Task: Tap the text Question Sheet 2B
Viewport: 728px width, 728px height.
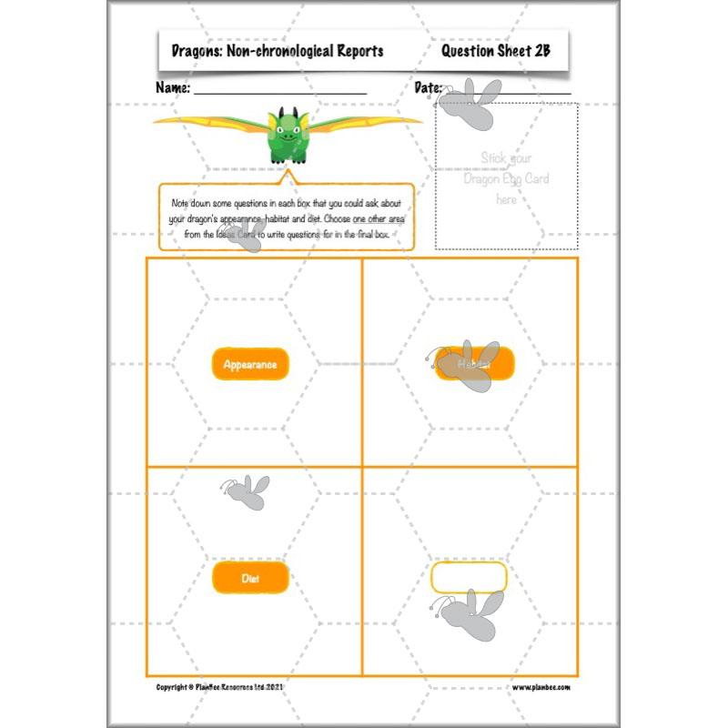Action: click(496, 51)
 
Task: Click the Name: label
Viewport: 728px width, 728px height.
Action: click(173, 88)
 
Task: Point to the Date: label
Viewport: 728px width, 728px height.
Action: click(428, 88)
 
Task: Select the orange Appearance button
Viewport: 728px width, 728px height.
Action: click(250, 364)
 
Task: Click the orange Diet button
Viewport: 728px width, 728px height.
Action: click(250, 578)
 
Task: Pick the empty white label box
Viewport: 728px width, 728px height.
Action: click(468, 578)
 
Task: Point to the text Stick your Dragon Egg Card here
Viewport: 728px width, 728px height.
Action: click(506, 178)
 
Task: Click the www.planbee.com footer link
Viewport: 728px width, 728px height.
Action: click(547, 688)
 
